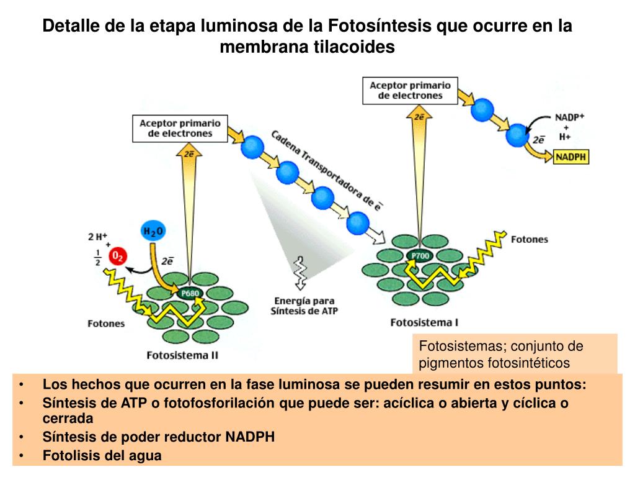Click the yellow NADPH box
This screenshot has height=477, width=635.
coord(571,157)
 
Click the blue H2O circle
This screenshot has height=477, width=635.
coord(153,232)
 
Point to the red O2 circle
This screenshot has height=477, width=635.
coord(117,255)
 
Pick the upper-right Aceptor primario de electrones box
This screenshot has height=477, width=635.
coord(410,91)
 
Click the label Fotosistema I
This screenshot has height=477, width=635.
coord(424,322)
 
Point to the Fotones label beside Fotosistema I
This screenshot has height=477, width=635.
coord(529,239)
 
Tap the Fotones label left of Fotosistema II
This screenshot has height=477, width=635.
coord(105,323)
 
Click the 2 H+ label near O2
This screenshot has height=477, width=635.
coord(98,236)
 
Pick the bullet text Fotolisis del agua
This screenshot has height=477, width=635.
coord(102,455)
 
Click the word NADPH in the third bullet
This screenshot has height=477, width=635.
coord(250,437)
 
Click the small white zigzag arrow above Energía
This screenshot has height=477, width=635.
coord(300,273)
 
